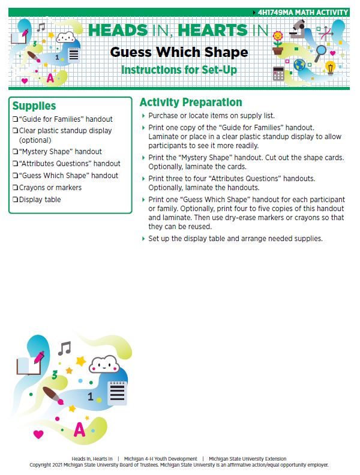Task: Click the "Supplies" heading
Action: [34, 106]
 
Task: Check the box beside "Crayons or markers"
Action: [15, 188]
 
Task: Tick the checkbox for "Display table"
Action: [15, 200]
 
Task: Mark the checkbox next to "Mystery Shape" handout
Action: [15, 152]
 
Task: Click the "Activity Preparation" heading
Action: [190, 102]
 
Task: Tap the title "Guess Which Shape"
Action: [179, 52]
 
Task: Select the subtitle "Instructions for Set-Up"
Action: [179, 70]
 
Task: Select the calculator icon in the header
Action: [278, 73]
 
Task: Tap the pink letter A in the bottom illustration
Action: [79, 429]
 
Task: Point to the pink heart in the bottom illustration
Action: [38, 434]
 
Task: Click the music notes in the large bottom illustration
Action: [64, 348]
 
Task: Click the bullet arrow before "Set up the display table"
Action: [143, 239]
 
